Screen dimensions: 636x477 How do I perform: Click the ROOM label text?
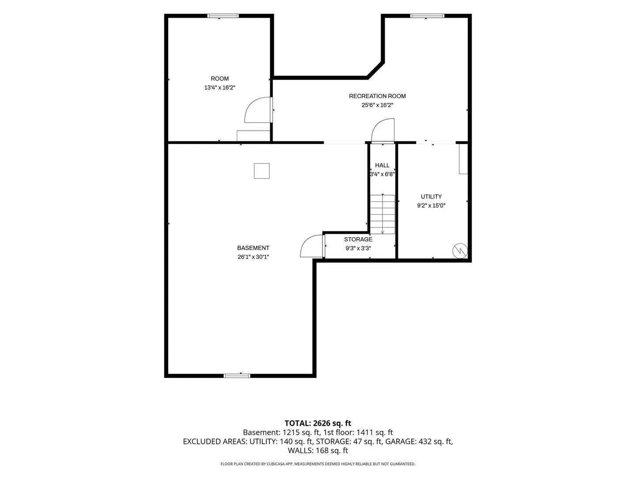pos(220,79)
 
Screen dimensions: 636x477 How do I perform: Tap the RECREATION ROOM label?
pos(377,96)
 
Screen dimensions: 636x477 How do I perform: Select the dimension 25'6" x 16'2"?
pos(377,105)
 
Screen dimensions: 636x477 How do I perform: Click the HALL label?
pos(382,165)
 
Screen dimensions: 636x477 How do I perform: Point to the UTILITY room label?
pos(431,197)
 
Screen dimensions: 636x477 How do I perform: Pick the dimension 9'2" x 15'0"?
pos(431,205)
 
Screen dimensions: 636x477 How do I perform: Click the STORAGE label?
pos(358,239)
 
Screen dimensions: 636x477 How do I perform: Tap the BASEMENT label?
pos(253,248)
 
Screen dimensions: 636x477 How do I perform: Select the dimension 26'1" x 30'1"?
pos(253,257)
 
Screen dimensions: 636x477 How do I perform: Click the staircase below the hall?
pos(382,214)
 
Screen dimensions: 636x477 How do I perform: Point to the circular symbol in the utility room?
pos(459,250)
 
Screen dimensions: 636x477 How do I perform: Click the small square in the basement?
pos(261,171)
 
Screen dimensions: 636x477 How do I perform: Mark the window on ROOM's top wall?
pos(223,16)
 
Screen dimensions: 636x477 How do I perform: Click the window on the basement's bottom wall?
pos(236,375)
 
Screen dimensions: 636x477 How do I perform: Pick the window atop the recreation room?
pos(427,16)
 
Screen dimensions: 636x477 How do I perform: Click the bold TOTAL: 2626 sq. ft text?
pos(318,423)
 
